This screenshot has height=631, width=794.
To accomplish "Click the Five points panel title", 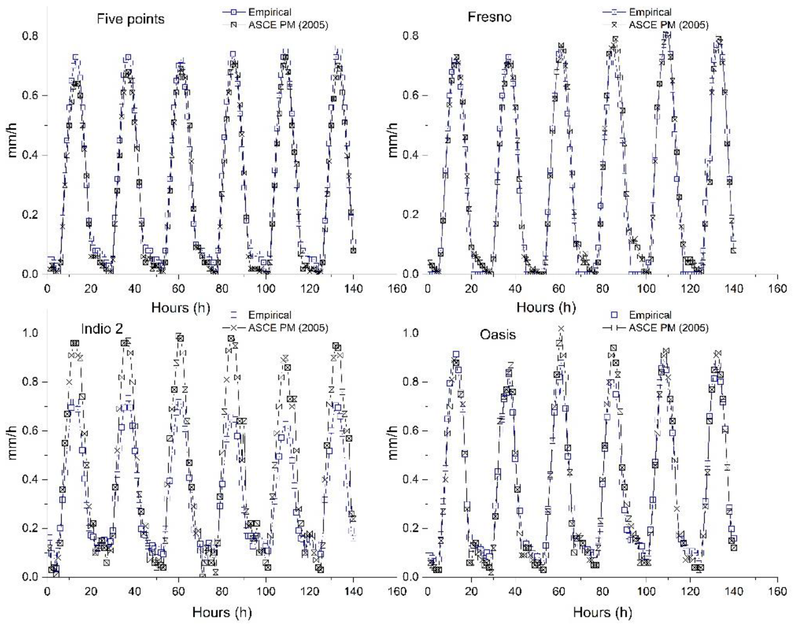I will coord(130,19).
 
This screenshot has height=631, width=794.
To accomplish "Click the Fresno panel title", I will coord(490,17).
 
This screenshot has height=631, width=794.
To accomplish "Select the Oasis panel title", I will coord(498,335).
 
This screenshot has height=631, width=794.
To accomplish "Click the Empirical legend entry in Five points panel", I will coord(270,12).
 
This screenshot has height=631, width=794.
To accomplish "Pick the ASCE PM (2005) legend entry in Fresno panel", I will coord(668,25).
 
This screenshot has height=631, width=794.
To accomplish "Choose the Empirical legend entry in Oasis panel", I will coord(650,315).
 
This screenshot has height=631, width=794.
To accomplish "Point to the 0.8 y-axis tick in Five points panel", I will coord(30,36).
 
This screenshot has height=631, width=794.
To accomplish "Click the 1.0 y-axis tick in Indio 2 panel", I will coord(30,333).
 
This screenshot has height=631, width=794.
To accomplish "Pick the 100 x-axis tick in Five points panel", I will coord(266,288).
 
